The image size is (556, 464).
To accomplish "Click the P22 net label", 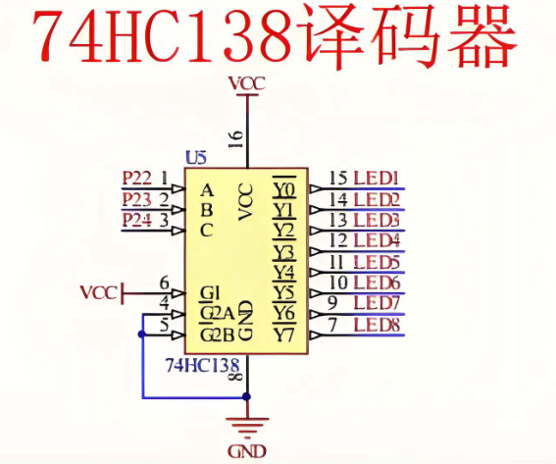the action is [137, 179].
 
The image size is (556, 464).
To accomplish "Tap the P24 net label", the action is [137, 220].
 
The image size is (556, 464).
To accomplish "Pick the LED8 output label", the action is [377, 325].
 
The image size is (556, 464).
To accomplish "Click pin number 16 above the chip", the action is [236, 138].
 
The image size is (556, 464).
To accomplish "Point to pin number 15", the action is [338, 179].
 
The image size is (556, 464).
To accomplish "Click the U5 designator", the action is [196, 158].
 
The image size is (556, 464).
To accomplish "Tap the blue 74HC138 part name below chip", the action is [202, 365].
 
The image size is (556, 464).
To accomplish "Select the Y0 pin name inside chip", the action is [284, 190].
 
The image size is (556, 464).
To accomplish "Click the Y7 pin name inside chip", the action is [284, 335].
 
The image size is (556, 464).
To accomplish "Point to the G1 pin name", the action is [210, 293].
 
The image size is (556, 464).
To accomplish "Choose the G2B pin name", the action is [218, 335].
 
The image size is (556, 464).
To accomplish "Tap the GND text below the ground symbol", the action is [247, 451].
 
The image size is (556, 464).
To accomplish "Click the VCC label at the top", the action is [247, 84].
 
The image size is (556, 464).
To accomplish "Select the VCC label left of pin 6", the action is [99, 293].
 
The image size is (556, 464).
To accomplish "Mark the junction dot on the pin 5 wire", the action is [142, 335].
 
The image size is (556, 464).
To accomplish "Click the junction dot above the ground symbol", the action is [247, 396].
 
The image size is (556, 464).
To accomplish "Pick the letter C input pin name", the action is [206, 231].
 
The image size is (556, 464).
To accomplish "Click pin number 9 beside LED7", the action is [332, 303].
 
